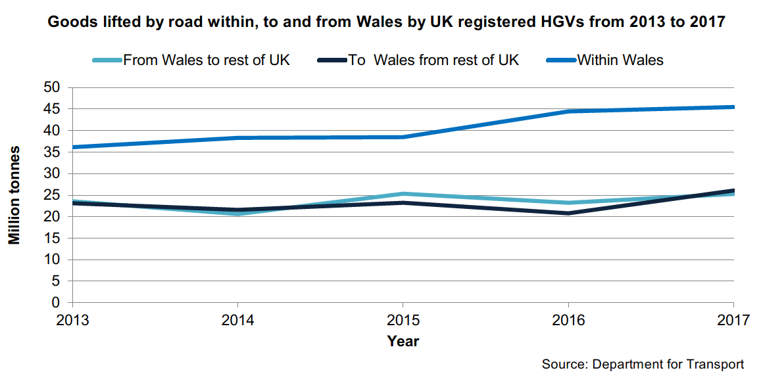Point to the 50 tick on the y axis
52,87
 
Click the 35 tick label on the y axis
52,152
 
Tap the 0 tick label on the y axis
56,303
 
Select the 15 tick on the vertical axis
52,238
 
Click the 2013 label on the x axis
72,321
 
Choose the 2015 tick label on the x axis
403,321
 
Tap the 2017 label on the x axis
733,321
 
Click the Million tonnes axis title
14,195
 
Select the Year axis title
403,341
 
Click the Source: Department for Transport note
643,364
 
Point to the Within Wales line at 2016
568,112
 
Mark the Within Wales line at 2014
237,138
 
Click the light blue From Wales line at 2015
403,194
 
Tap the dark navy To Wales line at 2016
568,213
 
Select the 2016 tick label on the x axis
568,321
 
